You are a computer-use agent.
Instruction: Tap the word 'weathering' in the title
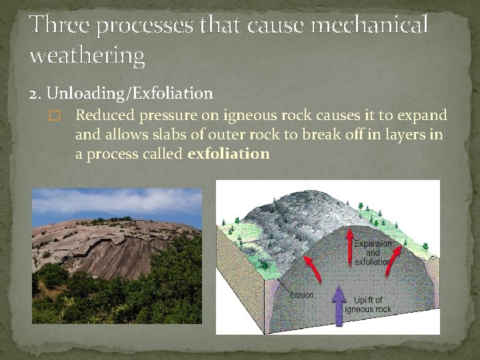(x=87, y=56)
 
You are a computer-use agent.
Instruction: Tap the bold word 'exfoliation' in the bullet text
(x=229, y=154)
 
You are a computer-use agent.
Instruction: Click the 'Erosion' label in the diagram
(x=301, y=295)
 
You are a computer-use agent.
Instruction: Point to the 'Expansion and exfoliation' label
(x=373, y=253)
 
